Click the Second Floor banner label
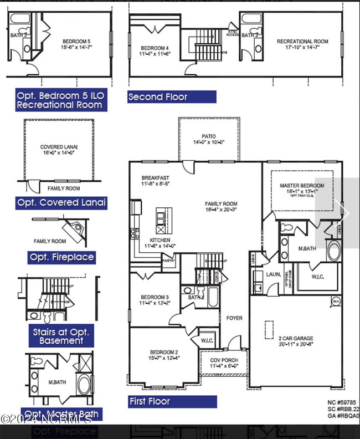[x=158, y=97]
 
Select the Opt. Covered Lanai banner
[x=61, y=202]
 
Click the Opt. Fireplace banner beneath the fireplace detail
[x=61, y=257]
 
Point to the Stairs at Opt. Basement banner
[x=61, y=335]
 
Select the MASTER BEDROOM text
[x=302, y=186]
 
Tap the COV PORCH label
[x=223, y=360]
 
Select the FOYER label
[x=235, y=318]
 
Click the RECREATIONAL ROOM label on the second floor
[x=302, y=42]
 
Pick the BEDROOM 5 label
[x=73, y=42]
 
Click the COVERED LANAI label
[x=59, y=147]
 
